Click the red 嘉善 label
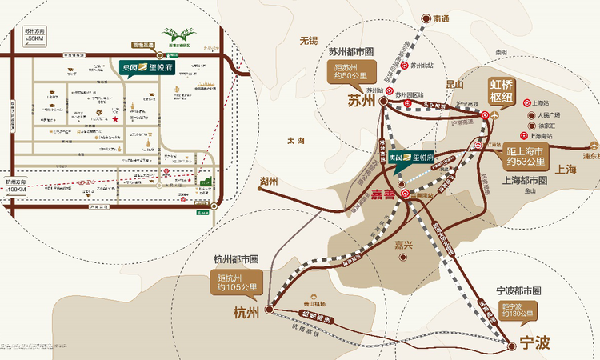tap(384, 194)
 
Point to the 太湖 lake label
tap(295, 141)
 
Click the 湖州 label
tap(267, 182)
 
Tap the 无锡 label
tap(308, 40)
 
